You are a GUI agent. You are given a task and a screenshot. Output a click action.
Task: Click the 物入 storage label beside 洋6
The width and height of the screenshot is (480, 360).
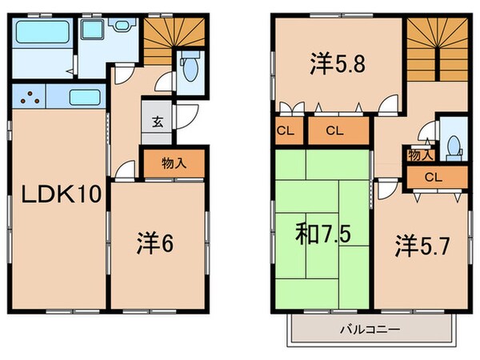[x=174, y=162]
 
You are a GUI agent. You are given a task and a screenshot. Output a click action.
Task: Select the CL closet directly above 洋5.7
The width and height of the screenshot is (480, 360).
[x=434, y=177]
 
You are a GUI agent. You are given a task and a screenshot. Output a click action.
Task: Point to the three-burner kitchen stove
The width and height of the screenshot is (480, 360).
[x=30, y=99]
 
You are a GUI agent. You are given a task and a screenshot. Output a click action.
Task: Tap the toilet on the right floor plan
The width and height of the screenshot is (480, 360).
[x=454, y=146]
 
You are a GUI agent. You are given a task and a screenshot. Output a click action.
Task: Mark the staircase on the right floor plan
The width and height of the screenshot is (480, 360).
[x=434, y=48]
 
